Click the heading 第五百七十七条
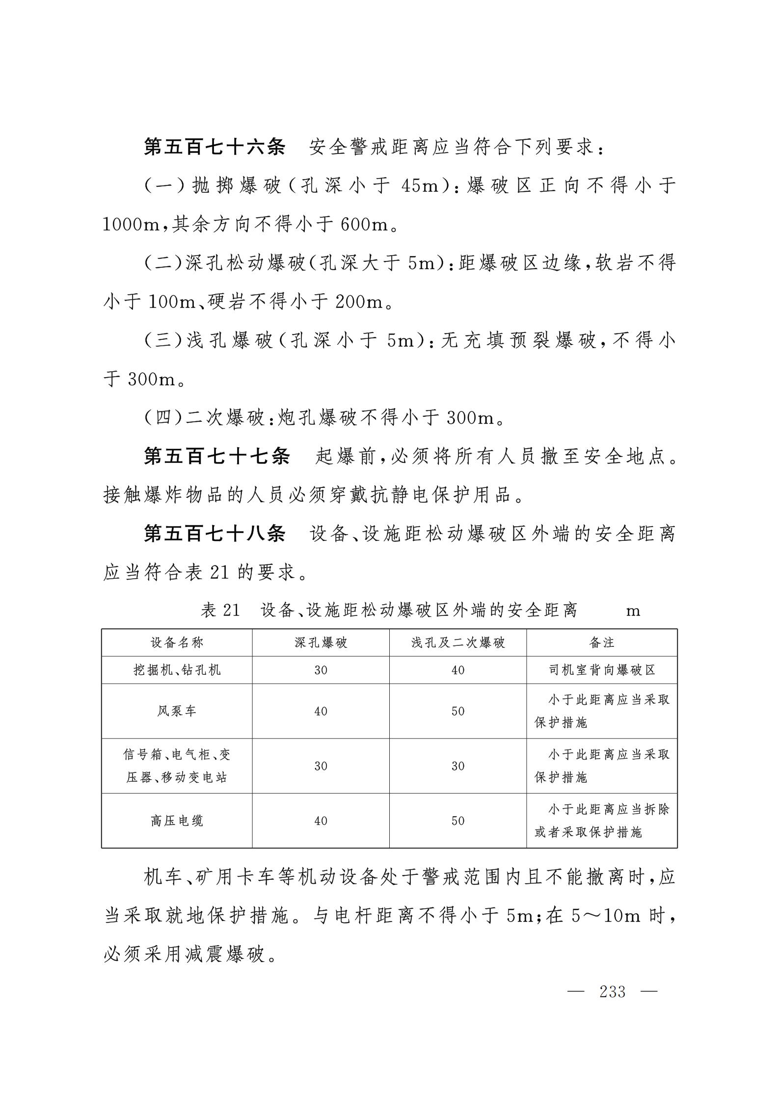[217, 457]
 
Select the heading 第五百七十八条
[215, 534]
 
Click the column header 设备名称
[177, 642]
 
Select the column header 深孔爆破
[321, 642]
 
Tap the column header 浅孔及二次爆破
[457, 642]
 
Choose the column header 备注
[602, 642]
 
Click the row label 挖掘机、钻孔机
[177, 670]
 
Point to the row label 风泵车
[177, 711]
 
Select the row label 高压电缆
[177, 820]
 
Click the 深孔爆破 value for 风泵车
[321, 711]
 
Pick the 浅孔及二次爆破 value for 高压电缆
[457, 821]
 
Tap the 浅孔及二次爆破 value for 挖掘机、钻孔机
[457, 670]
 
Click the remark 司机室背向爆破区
[602, 670]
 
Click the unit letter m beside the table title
[633, 611]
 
